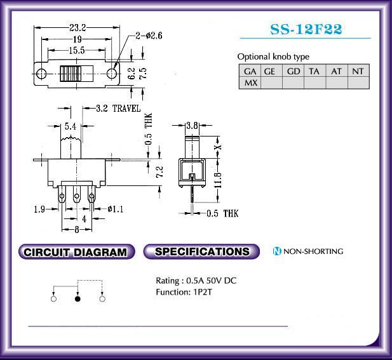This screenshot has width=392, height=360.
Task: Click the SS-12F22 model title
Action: click(x=306, y=29)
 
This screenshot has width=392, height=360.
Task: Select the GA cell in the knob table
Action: click(x=250, y=71)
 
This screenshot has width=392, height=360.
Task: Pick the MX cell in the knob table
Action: click(x=250, y=83)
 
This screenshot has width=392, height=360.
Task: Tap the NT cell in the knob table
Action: click(x=358, y=71)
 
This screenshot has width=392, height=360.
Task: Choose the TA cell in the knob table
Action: click(x=314, y=71)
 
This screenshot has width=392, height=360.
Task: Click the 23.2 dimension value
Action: click(x=78, y=27)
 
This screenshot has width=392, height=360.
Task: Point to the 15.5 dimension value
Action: click(x=77, y=50)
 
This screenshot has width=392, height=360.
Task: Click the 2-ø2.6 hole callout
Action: click(x=149, y=36)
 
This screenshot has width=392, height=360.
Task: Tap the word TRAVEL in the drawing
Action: click(x=126, y=109)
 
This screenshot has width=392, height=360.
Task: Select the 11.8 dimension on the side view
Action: click(x=218, y=180)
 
